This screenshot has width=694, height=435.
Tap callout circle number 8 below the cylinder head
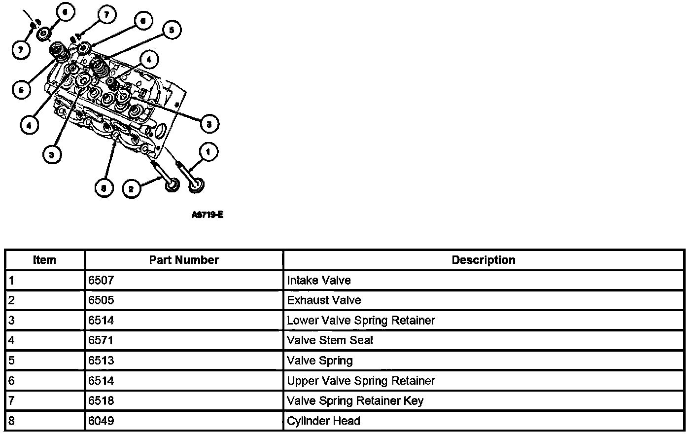[104, 188]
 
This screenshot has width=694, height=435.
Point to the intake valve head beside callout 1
[197, 186]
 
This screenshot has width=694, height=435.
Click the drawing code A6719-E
[208, 215]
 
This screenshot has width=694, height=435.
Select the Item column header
[44, 260]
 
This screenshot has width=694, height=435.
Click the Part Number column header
[184, 260]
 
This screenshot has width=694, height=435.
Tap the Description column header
[483, 260]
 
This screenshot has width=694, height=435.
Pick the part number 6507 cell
[101, 281]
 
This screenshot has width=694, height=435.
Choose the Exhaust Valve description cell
[324, 300]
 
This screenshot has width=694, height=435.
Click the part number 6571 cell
[101, 340]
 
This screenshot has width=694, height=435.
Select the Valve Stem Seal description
[330, 340]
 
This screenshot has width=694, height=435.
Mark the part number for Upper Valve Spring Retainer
[101, 381]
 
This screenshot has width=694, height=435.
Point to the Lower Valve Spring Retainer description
[361, 321]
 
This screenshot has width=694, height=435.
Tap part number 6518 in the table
[101, 400]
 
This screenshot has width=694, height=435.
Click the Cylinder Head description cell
[323, 421]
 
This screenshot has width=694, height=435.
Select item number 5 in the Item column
[12, 361]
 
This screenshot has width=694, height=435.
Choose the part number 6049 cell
[101, 421]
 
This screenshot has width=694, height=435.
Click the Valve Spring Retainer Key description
[355, 400]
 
